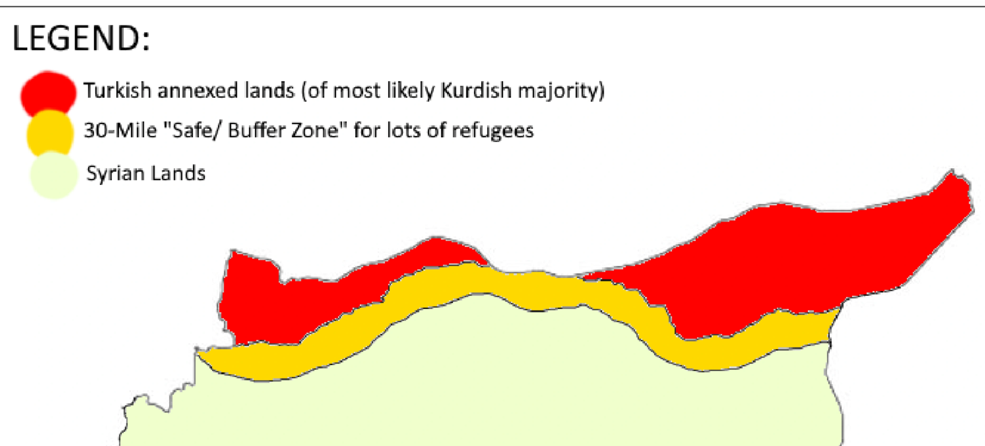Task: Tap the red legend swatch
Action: click(x=49, y=93)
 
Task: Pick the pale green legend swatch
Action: click(x=54, y=175)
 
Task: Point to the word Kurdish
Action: click(x=476, y=91)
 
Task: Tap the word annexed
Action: click(x=198, y=91)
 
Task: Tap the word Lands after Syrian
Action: click(x=178, y=173)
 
